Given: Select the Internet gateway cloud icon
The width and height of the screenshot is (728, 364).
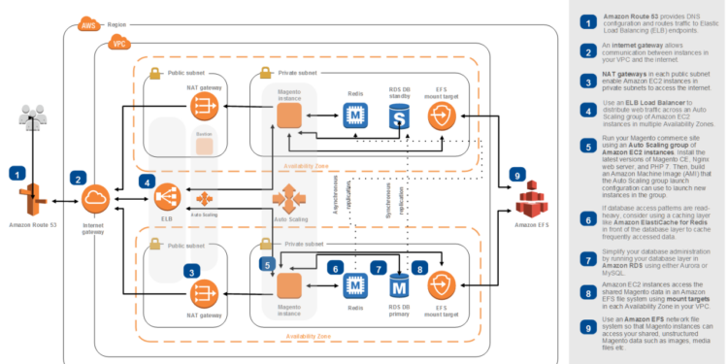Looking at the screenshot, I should (x=95, y=201).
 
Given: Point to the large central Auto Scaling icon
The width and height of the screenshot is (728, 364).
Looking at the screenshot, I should (x=288, y=203).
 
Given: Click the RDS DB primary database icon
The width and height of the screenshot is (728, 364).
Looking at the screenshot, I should (x=398, y=285).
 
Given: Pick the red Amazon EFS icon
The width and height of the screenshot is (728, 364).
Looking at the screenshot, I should (x=529, y=203).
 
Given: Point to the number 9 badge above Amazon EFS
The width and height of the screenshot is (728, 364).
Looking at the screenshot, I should (x=518, y=175).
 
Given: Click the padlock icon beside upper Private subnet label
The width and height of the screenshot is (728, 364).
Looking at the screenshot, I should (x=263, y=73).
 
